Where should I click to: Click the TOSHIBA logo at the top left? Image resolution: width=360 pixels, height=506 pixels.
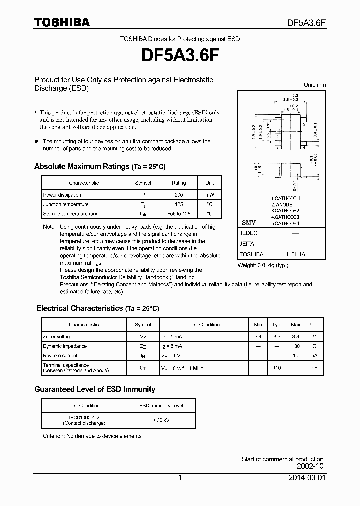61,22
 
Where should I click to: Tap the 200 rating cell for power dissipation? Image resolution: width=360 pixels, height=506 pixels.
178,195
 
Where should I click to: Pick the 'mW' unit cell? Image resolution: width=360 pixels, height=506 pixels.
209,195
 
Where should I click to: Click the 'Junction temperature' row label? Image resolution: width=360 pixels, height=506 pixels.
66,204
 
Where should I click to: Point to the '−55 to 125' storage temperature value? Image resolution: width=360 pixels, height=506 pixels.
178,214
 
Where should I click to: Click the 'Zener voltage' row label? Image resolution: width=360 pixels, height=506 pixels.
58,337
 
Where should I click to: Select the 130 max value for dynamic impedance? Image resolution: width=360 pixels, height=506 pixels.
295,346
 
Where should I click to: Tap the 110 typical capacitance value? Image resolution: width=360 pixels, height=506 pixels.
277,368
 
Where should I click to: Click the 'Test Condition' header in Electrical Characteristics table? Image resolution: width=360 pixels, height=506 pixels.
204,325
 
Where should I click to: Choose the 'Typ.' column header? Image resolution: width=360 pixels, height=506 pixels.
277,325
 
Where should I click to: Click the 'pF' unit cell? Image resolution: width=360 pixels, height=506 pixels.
314,368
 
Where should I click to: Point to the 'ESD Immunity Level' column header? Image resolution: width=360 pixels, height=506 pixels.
160,406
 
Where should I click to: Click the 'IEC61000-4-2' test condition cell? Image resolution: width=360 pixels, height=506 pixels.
84,417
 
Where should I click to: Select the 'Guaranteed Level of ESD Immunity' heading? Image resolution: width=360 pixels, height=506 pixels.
95,389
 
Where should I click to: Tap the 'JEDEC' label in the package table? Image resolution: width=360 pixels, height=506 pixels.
248,233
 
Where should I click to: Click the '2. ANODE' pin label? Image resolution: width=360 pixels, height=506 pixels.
282,205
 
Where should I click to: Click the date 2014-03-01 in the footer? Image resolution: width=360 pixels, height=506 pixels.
307,478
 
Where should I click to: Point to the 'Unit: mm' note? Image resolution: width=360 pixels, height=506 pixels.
315,85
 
